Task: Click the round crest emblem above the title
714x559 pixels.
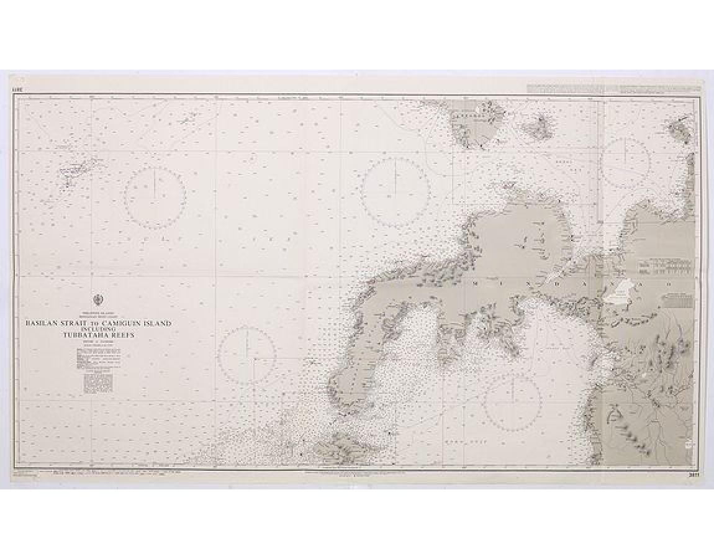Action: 98,299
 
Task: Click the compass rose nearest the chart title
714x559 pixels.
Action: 246,355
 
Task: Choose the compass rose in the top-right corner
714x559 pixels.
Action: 626,161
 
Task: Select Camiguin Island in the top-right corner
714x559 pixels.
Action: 680,131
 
